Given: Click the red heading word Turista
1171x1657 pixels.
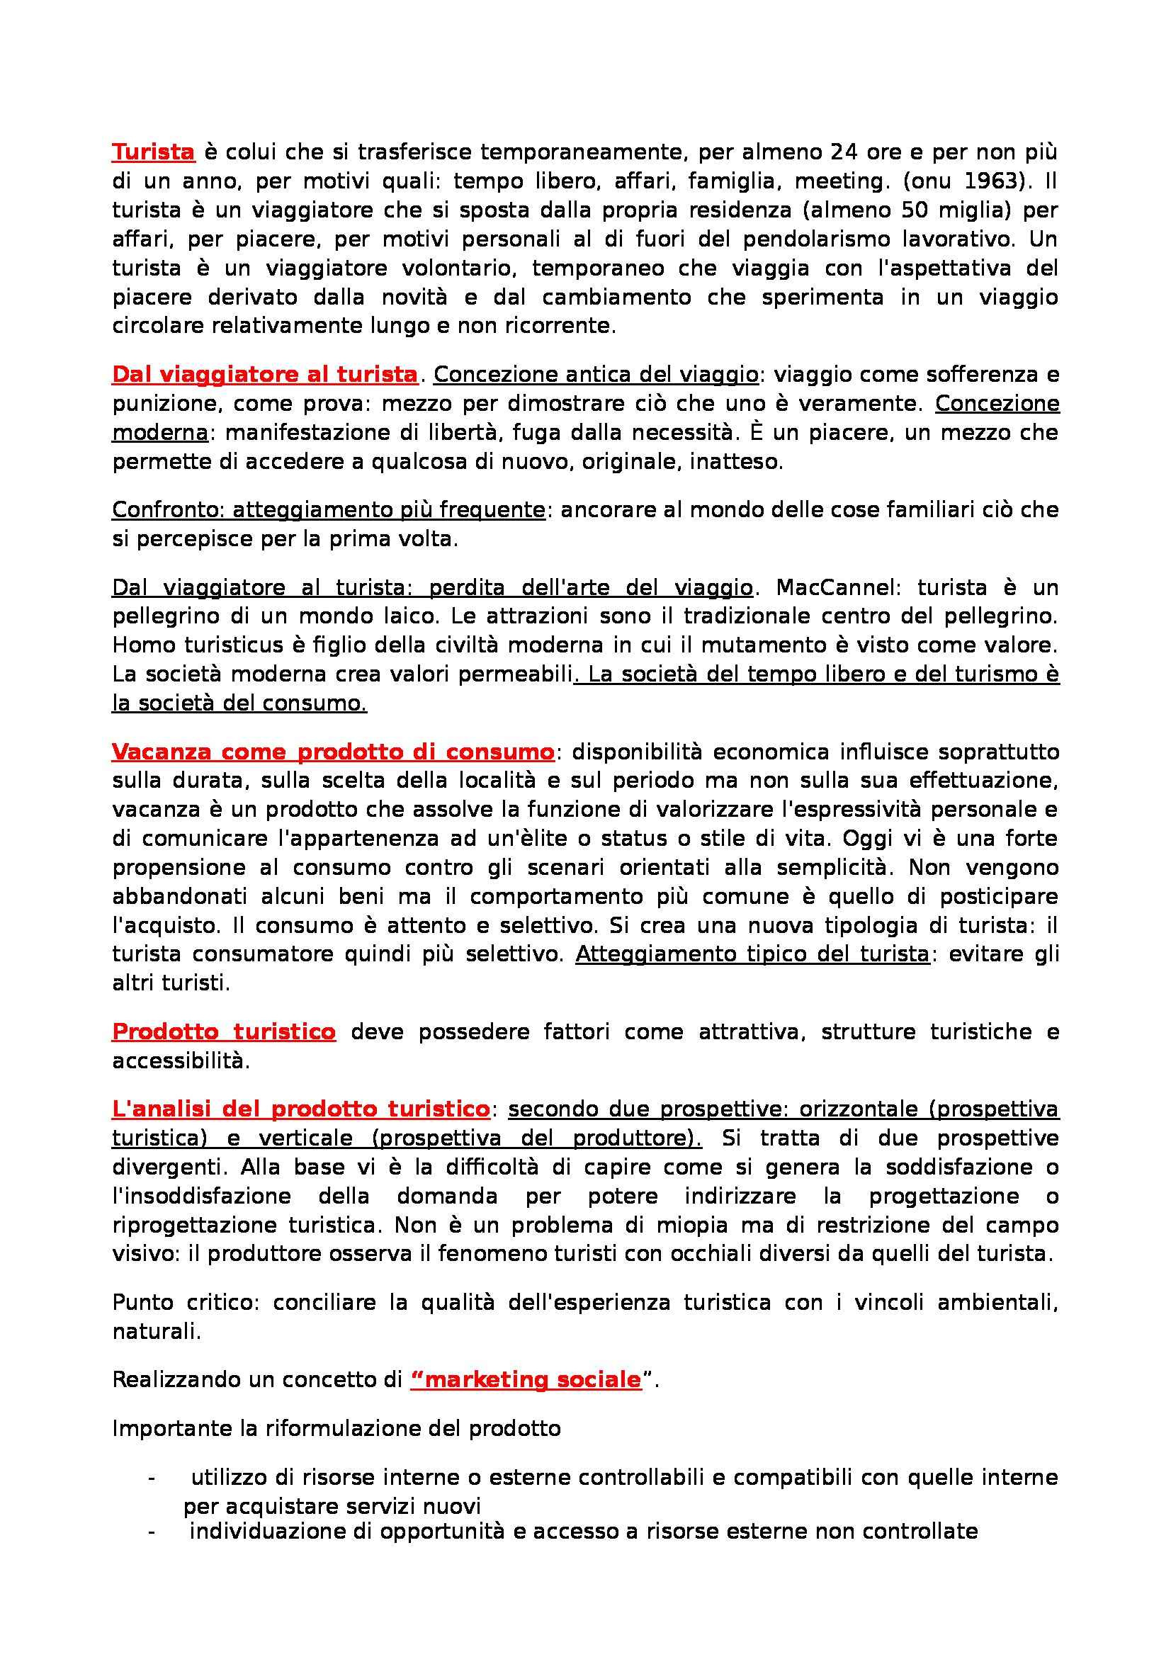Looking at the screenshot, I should [x=153, y=152].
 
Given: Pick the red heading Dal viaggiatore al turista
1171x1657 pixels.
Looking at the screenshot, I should [x=265, y=375].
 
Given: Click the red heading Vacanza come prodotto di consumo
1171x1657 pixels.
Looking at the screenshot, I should [x=333, y=752].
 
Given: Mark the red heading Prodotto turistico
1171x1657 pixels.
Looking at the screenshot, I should [x=224, y=1032].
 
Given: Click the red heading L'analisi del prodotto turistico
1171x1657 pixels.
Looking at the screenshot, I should [x=301, y=1109].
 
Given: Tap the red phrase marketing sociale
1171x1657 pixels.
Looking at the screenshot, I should [x=526, y=1380].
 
